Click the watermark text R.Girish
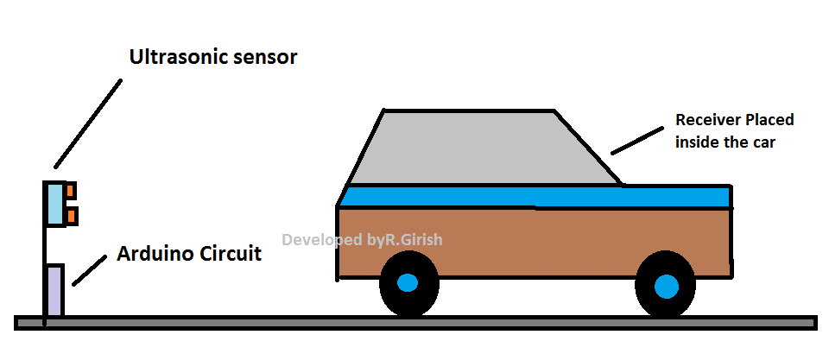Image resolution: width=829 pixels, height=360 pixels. coord(412,239)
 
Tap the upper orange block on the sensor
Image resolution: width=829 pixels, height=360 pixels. coord(71,190)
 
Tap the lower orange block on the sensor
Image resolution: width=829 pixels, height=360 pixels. coord(71,213)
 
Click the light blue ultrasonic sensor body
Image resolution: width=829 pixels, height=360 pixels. coord(54,204)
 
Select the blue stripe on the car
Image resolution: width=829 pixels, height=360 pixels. coord(535,196)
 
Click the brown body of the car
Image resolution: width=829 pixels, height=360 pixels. coord(535,242)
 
